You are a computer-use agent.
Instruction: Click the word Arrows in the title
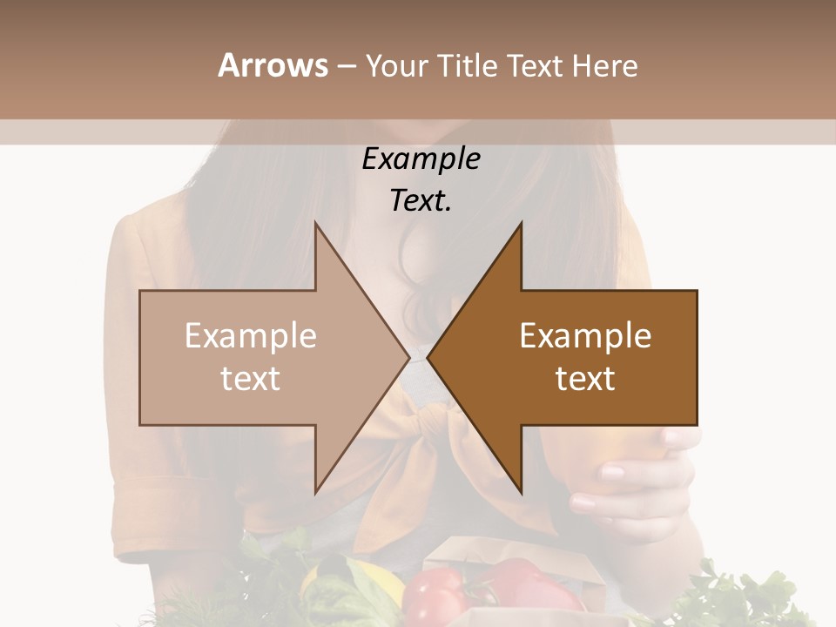(273, 65)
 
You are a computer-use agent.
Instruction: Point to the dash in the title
(346, 66)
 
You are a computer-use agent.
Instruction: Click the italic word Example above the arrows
(421, 159)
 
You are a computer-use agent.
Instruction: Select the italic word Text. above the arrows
(421, 201)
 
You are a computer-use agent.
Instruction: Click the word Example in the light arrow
(251, 336)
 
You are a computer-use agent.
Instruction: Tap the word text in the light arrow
(251, 379)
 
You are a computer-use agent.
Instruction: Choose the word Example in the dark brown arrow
(585, 336)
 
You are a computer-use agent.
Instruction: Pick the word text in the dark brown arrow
(585, 379)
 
